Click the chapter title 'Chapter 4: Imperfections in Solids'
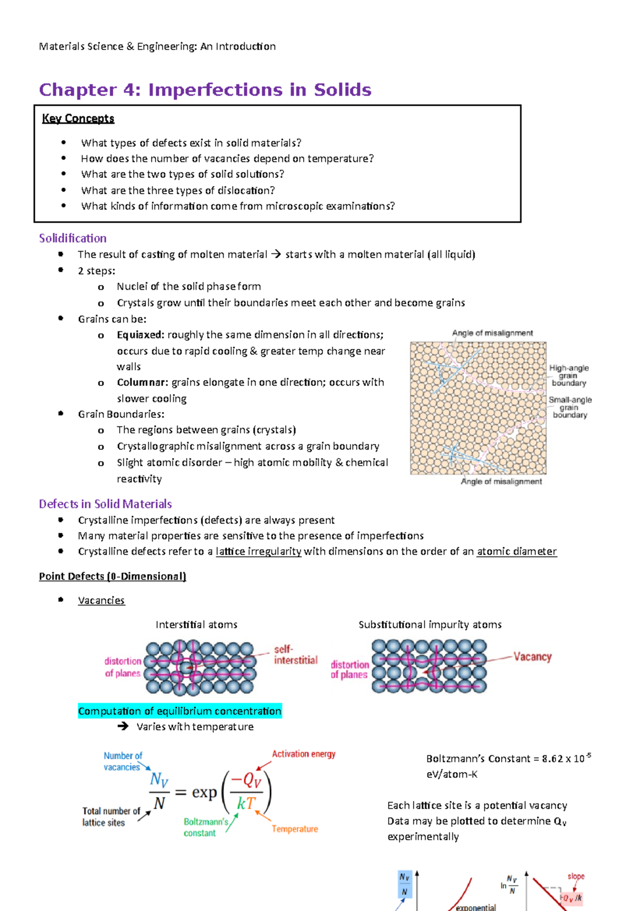[x=205, y=90]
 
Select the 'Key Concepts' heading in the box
[x=78, y=119]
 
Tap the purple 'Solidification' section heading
[x=72, y=238]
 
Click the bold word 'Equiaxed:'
[x=141, y=335]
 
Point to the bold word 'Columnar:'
[x=142, y=383]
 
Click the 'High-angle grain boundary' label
[x=568, y=376]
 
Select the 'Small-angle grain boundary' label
[x=570, y=407]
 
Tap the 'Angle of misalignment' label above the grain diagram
[x=492, y=333]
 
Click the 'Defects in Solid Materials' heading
[x=105, y=504]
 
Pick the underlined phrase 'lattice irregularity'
[x=258, y=552]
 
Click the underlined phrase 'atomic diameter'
[x=516, y=552]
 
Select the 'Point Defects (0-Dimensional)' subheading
[x=112, y=576]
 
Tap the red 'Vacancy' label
[x=532, y=657]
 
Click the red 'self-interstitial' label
[x=295, y=655]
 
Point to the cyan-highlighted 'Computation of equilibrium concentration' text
[x=179, y=711]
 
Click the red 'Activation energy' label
[x=303, y=754]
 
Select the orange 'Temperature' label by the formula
[x=295, y=829]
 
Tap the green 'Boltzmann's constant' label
[x=206, y=827]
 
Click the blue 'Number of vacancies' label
[x=122, y=761]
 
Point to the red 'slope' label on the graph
[x=576, y=877]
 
